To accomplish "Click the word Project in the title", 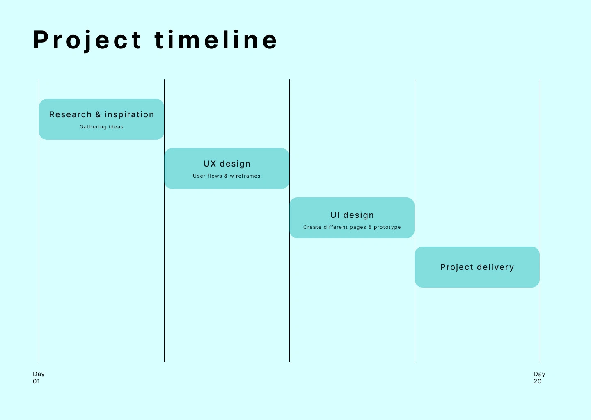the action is tap(87, 40).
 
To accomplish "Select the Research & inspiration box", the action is tap(102, 119).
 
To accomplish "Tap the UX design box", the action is tap(227, 169).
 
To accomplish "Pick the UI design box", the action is tap(352, 218).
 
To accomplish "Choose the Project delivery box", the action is tap(477, 267).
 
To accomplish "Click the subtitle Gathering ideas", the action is tap(102, 127).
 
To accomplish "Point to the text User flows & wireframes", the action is tap(227, 176).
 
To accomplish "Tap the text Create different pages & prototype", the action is tap(352, 227).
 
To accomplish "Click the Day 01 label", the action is tap(39, 378).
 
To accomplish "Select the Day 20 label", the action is tap(539, 378).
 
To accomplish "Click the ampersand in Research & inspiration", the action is tap(98, 114).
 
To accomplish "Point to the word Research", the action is tap(71, 114).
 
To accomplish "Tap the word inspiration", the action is tap(129, 115).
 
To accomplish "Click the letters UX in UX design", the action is tap(210, 164).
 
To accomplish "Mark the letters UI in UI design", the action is tap(335, 215).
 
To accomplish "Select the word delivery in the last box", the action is tap(495, 267).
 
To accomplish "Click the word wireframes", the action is tap(245, 176).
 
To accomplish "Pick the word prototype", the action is tap(387, 227).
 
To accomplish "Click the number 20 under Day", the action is tap(537, 381).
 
